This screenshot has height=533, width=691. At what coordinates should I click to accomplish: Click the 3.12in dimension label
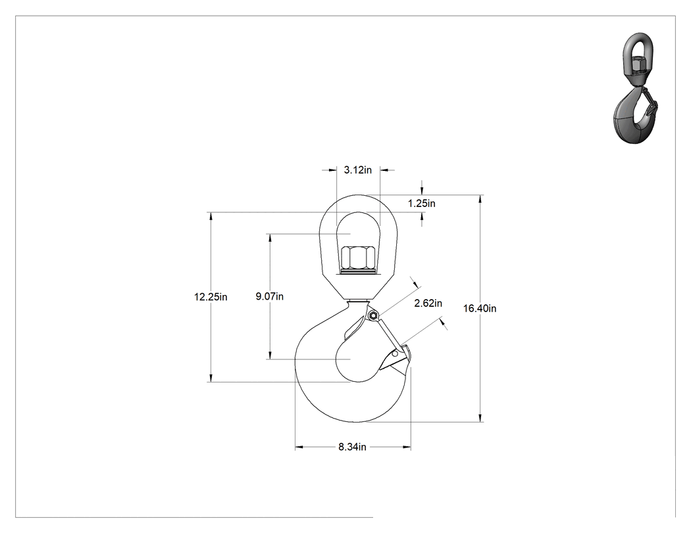click(357, 170)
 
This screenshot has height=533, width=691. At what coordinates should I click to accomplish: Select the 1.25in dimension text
click(421, 203)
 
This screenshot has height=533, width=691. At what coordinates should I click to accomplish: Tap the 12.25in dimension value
click(211, 297)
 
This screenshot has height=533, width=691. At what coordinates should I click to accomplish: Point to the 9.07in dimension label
click(270, 296)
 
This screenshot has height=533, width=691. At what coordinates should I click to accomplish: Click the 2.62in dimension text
click(428, 303)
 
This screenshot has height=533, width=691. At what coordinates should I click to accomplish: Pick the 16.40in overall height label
click(480, 308)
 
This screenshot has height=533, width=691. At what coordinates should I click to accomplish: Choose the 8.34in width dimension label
click(352, 447)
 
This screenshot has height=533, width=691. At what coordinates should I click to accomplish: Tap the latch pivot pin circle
click(374, 315)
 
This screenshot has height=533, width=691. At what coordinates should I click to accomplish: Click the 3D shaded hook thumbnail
click(635, 88)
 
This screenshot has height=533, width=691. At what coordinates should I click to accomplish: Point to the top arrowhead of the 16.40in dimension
click(480, 198)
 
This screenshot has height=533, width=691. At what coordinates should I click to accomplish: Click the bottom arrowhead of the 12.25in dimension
click(211, 378)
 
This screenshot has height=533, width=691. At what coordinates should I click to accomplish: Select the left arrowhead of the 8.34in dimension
click(299, 447)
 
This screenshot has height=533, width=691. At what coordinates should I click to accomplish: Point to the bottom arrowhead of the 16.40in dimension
click(480, 418)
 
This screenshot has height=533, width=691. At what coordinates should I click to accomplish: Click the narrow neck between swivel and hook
click(357, 302)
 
